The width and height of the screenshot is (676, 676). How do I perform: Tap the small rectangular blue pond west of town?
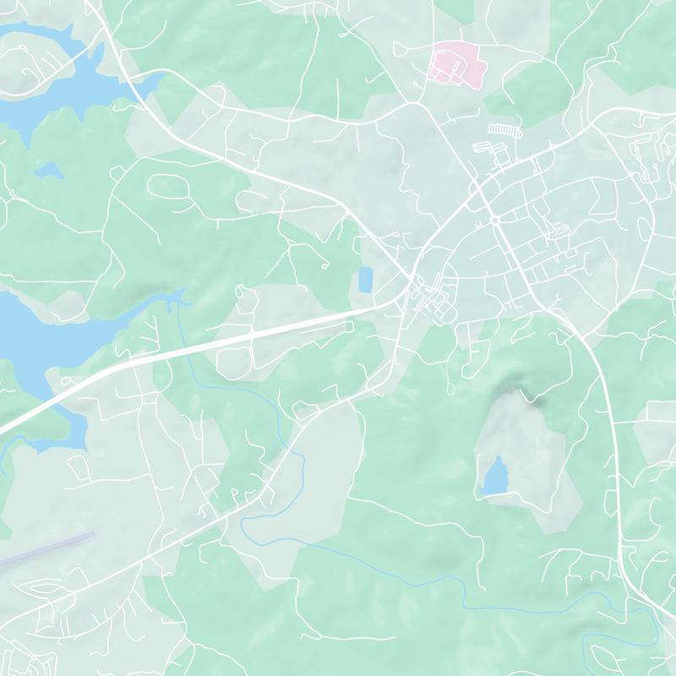[x=366, y=280]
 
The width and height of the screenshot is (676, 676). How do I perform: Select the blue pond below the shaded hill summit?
[x=495, y=477]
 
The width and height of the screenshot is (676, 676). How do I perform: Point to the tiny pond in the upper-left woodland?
[x=48, y=172]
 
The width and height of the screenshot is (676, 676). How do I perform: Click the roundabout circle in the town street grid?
[x=494, y=221]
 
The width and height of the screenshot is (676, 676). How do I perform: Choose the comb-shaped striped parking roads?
[x=505, y=129]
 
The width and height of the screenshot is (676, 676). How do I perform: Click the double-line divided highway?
[x=253, y=334]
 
